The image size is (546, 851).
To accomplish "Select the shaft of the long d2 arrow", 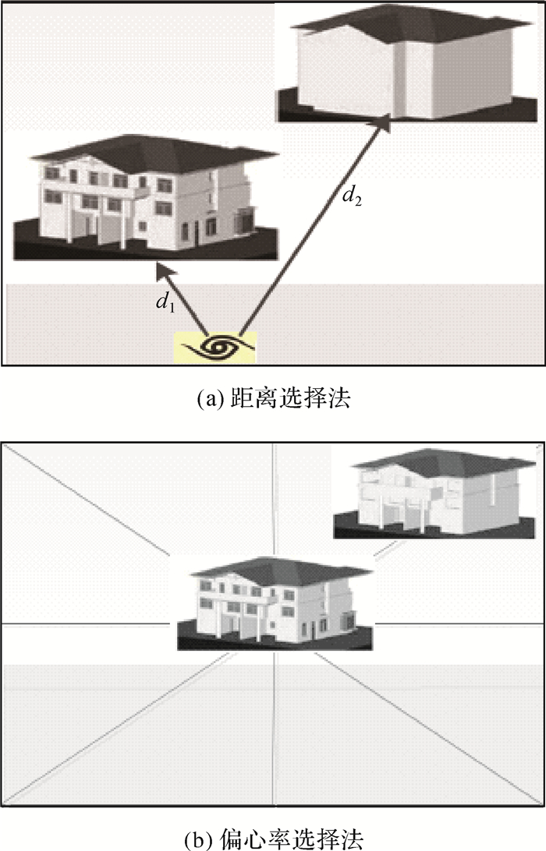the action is point(312,226).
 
